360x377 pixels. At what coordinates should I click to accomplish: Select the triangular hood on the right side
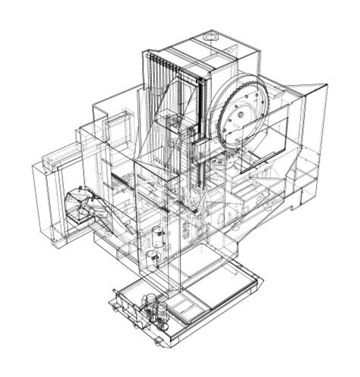[x=308, y=99]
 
